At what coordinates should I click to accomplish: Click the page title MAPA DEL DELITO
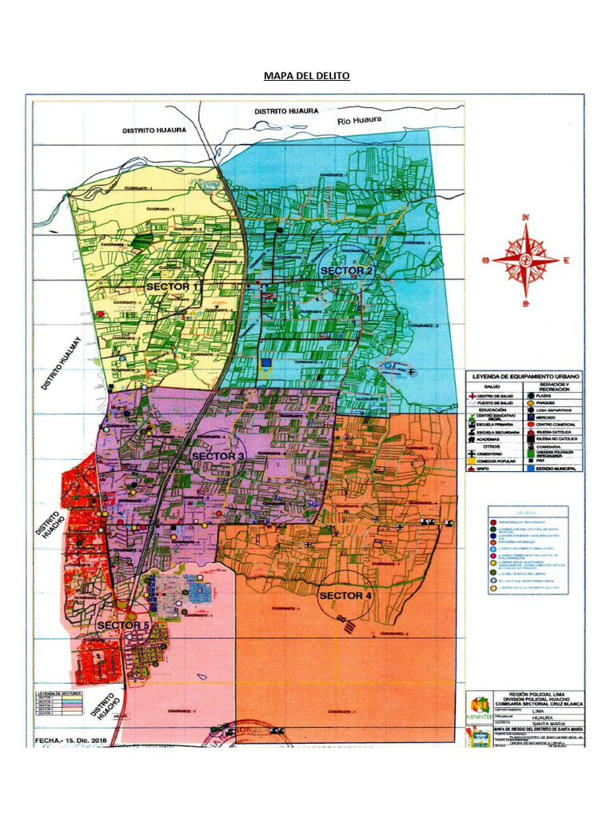pyautogui.click(x=307, y=77)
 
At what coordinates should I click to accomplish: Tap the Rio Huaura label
pyautogui.click(x=360, y=121)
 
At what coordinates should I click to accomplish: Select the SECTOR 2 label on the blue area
pyautogui.click(x=346, y=271)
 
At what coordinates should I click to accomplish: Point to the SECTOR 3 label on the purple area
pyautogui.click(x=218, y=455)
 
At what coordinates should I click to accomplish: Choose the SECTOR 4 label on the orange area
pyautogui.click(x=345, y=595)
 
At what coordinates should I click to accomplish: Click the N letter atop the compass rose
pyautogui.click(x=525, y=218)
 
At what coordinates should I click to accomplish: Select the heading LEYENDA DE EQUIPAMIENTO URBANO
pyautogui.click(x=524, y=376)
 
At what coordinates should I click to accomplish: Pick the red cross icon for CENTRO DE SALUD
pyautogui.click(x=472, y=396)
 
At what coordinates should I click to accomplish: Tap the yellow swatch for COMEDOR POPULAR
pyautogui.click(x=472, y=461)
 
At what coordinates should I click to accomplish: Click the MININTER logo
pyautogui.click(x=478, y=709)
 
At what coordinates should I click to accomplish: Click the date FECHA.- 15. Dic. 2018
pyautogui.click(x=72, y=741)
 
